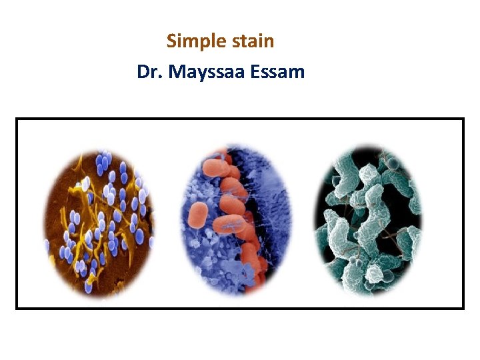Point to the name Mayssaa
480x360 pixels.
[207, 72]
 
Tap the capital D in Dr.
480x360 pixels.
[143, 71]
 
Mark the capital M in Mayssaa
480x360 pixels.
[177, 71]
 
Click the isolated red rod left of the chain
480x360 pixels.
[199, 215]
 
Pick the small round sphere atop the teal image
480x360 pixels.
[394, 163]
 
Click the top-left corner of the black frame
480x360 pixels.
[17, 119]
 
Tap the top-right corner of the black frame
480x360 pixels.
[463, 119]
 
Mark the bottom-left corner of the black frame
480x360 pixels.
[17, 308]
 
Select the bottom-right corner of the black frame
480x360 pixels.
[463, 308]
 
